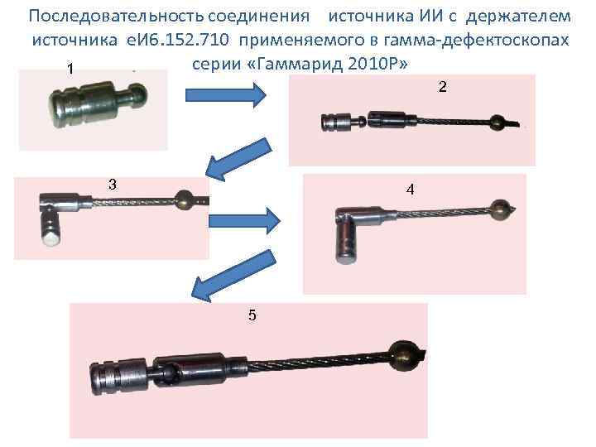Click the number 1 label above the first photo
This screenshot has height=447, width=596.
tap(70, 70)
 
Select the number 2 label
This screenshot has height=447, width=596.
tap(442, 87)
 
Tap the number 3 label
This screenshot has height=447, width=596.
tap(113, 185)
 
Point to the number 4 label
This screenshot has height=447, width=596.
tap(410, 190)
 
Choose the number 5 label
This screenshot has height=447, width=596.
tap(252, 315)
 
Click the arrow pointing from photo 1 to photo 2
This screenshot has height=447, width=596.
tap(225, 95)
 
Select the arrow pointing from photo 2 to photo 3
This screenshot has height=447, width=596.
tap(239, 160)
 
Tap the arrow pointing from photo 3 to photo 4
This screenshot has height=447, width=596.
tap(245, 221)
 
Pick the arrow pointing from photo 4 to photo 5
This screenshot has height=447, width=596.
tap(233, 276)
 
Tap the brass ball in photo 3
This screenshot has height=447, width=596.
tap(185, 199)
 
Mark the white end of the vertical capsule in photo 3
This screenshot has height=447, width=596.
tap(51, 239)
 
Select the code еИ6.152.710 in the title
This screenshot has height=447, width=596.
tap(177, 40)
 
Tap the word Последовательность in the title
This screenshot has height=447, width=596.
tap(117, 17)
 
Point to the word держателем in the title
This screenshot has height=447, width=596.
tap(518, 17)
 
